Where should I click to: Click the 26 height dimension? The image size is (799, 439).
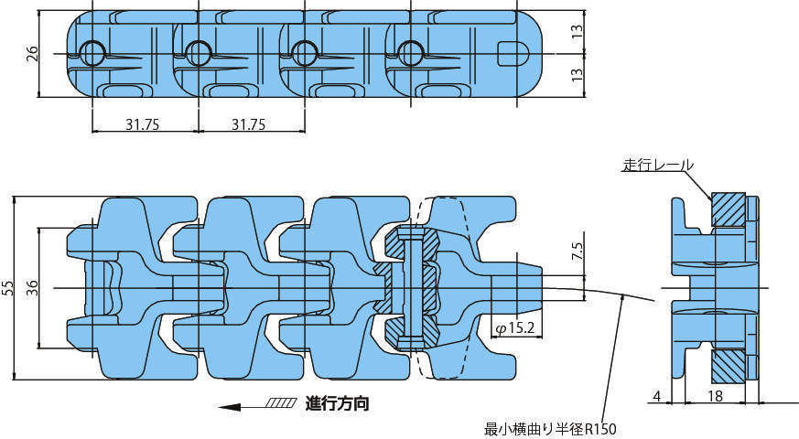(x=32, y=53)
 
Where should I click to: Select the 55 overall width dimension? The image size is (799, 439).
(x=8, y=288)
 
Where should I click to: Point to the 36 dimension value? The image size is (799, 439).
(x=32, y=288)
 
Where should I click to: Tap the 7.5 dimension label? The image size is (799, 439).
(x=578, y=252)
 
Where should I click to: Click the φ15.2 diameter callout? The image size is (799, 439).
(x=515, y=328)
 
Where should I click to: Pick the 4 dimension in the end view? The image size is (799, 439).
(x=657, y=396)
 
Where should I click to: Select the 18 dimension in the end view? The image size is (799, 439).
(x=715, y=396)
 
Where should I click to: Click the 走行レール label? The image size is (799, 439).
(x=658, y=165)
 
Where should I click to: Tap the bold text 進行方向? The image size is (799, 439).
(x=337, y=404)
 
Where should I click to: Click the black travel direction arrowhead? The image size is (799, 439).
(x=230, y=407)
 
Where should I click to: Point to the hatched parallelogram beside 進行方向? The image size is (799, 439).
(x=281, y=403)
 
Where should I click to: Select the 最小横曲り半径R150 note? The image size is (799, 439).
(x=550, y=429)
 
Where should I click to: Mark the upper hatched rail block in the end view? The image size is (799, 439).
(x=729, y=209)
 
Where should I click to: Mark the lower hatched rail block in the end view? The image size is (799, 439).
(x=729, y=367)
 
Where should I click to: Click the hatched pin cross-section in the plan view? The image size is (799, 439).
(x=411, y=289)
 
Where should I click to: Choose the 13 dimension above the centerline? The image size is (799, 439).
(x=577, y=32)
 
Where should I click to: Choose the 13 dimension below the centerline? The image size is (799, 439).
(x=577, y=75)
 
